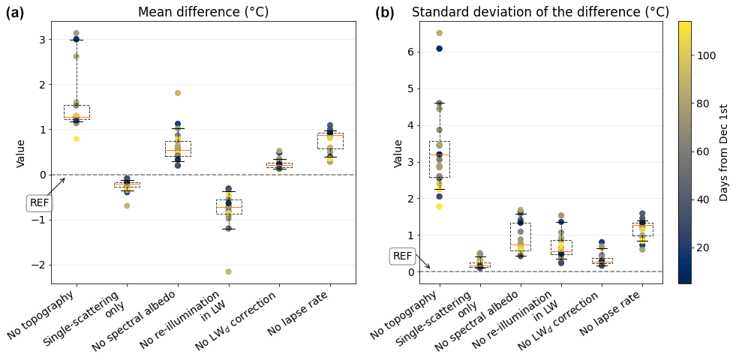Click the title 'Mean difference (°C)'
coord(203,12)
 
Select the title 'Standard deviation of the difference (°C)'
coord(540,12)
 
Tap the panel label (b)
coord(385,13)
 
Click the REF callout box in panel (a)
coord(40,202)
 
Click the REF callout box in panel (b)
coord(403,256)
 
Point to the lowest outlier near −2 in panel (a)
coord(229,271)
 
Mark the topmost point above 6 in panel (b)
coord(440,33)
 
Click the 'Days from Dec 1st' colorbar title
coord(724,152)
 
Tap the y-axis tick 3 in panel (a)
coord(42,40)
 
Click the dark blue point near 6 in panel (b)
coord(440,49)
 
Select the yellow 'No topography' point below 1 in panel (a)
coord(77,139)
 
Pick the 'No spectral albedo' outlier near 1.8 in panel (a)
coord(178,93)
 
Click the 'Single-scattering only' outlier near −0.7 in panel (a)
coord(127,205)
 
